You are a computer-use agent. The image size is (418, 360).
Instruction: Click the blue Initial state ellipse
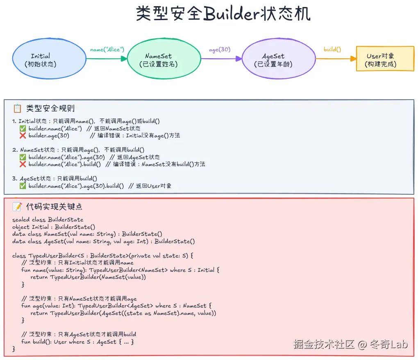pos(41,59)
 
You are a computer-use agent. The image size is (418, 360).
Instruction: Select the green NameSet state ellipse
pos(158,59)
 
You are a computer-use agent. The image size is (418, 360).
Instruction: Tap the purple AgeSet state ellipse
pos(273,59)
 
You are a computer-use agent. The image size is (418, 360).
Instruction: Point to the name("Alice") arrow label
pos(107,50)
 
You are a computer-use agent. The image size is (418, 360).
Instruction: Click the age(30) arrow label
pos(220,50)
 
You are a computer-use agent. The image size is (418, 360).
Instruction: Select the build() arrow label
pos(332,50)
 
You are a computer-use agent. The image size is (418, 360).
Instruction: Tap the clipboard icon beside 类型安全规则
pos(17,109)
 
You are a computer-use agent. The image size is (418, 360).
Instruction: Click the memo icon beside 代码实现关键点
pos(17,207)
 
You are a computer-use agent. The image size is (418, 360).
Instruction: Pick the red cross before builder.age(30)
pos(23,135)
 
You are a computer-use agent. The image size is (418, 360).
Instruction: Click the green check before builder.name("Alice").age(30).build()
pos(23,186)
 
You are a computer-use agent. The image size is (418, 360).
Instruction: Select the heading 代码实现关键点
pos(54,207)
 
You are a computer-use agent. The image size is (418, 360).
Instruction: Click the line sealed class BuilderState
pos(48,220)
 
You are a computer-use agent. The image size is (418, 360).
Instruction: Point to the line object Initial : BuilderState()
pos(54,227)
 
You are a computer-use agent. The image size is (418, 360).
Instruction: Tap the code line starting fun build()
pos(78,342)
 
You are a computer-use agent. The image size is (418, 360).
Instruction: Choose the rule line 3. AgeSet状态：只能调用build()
pos(55,178)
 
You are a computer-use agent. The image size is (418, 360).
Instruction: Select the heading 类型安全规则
pos(50,109)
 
